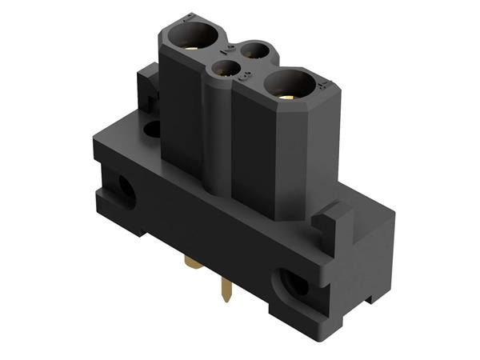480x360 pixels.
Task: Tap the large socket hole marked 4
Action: (x=291, y=82)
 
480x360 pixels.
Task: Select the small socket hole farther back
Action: (x=255, y=51)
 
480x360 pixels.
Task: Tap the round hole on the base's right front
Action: (x=293, y=282)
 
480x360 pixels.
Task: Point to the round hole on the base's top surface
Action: (x=153, y=128)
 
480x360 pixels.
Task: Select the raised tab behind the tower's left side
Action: (x=148, y=84)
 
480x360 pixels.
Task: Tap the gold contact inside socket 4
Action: (x=290, y=93)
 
